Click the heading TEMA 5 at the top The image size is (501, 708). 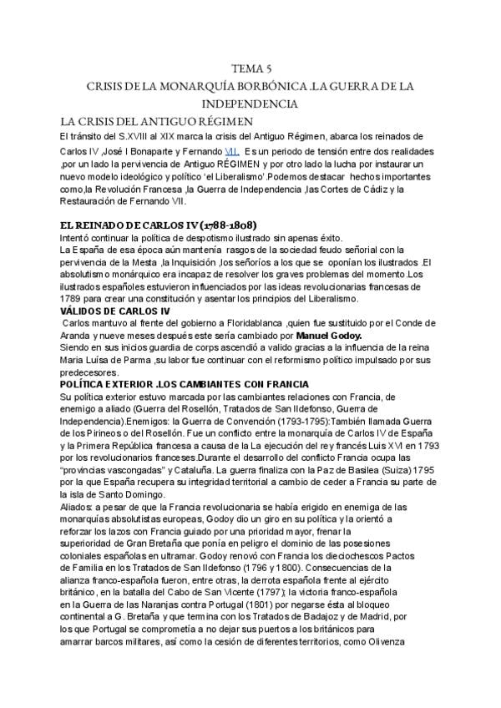coord(250,68)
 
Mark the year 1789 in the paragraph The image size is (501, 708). coord(62,299)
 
